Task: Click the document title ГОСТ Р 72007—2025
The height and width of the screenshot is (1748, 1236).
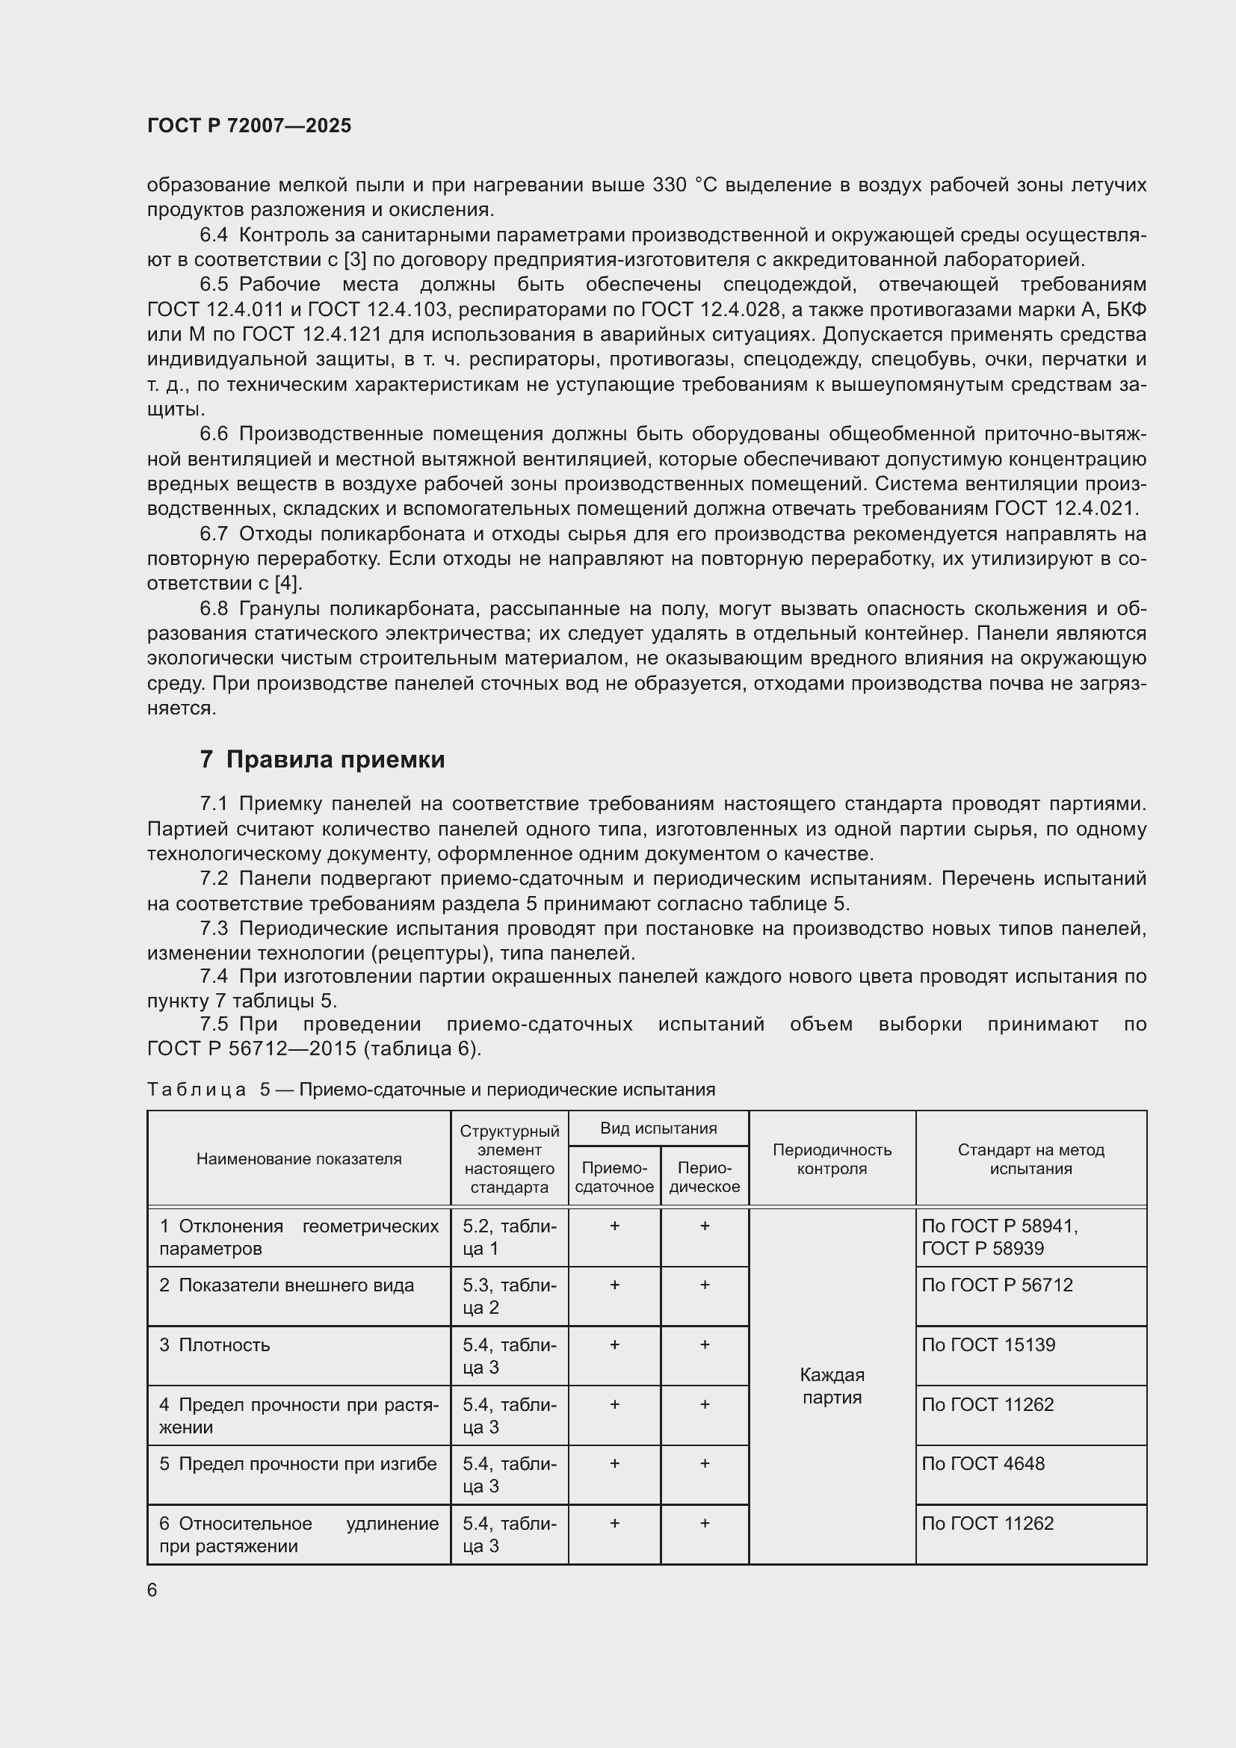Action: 249,126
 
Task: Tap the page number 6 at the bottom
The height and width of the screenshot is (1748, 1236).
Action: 152,1590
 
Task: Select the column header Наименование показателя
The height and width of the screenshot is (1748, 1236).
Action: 298,1159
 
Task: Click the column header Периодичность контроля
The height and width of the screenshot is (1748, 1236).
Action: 832,1159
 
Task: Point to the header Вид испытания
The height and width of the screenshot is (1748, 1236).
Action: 658,1128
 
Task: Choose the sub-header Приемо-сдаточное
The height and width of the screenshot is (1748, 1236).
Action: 614,1177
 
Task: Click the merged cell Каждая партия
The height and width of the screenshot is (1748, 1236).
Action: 832,1386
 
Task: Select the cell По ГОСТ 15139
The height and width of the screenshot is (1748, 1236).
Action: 988,1344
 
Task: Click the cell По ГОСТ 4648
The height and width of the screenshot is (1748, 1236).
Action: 983,1463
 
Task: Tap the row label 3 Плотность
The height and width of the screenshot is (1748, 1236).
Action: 214,1344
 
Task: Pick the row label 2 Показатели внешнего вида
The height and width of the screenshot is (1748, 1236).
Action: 287,1285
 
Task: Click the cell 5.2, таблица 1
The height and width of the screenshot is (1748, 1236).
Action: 509,1236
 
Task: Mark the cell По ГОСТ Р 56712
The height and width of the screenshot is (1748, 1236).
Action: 997,1285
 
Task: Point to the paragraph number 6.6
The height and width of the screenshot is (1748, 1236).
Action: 214,434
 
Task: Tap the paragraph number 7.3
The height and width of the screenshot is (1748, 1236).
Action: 214,929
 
